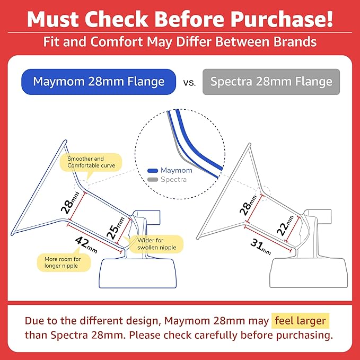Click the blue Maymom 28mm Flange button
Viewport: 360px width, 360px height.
pos(99,82)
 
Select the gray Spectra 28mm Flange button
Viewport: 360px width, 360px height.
pos(271,82)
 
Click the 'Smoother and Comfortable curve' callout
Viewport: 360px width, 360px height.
pos(91,162)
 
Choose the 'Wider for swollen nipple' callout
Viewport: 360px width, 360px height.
pos(157,244)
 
